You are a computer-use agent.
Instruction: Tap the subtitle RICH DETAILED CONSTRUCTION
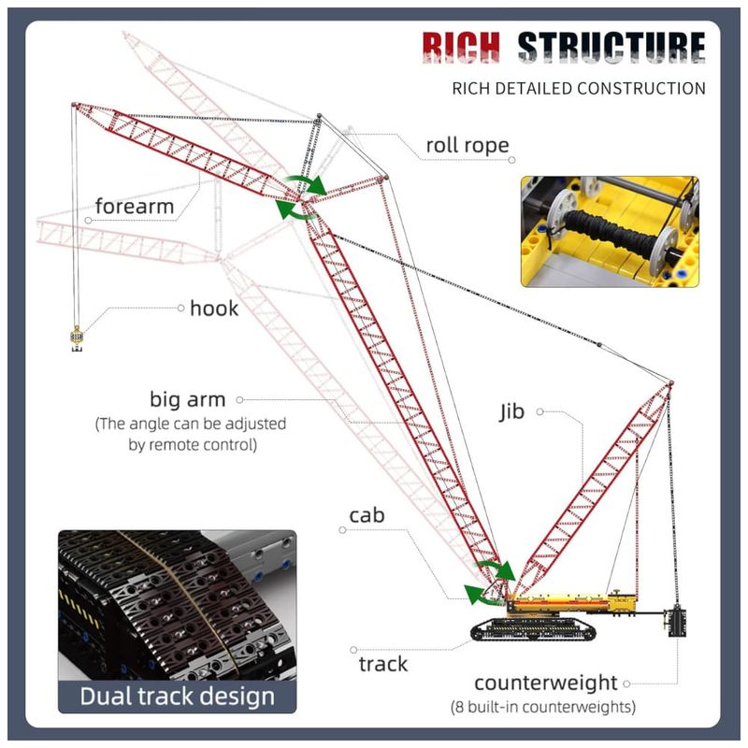click(x=578, y=89)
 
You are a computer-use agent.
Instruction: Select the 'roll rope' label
click(x=467, y=145)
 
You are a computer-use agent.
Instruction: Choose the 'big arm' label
click(x=187, y=399)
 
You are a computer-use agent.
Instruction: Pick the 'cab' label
click(x=367, y=515)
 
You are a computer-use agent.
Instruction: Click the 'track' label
click(x=383, y=664)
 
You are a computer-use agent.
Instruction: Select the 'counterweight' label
click(x=546, y=683)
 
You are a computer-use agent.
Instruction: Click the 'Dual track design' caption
click(x=177, y=696)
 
